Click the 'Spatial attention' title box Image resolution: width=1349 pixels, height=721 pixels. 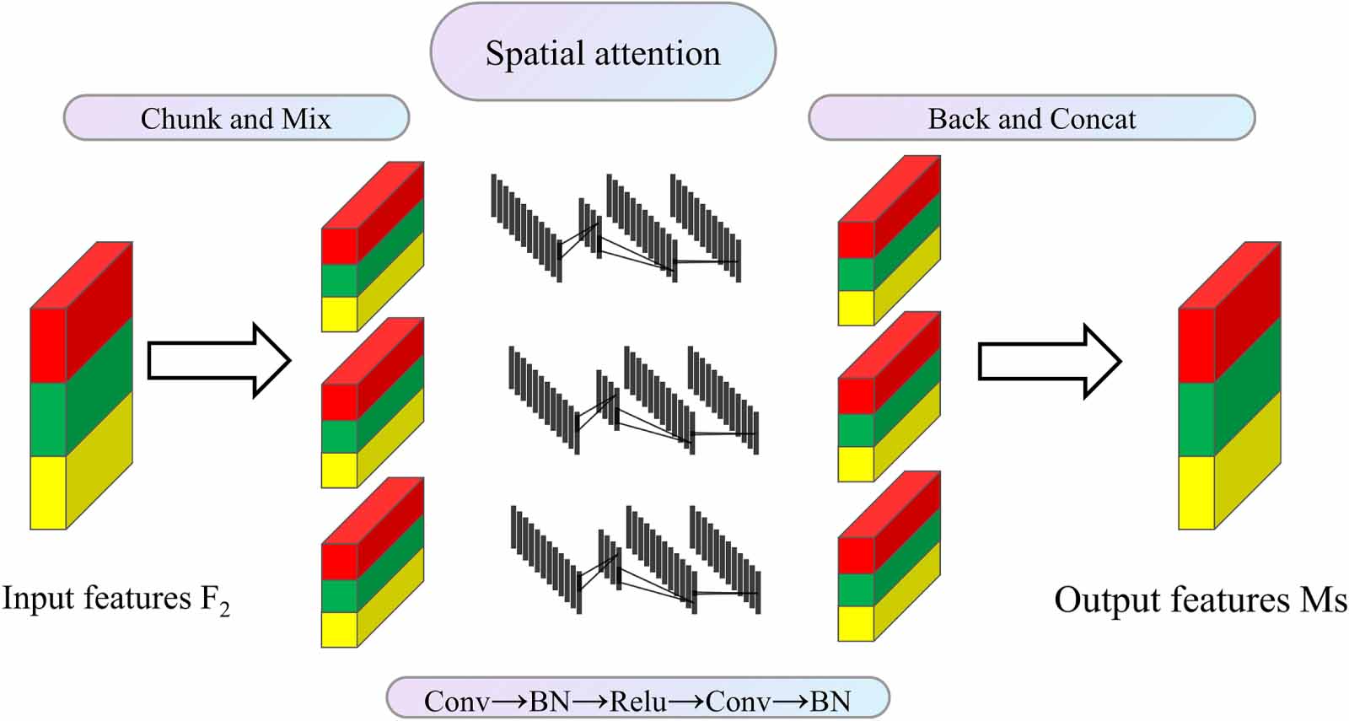602,53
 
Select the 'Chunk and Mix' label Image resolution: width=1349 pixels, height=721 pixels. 236,118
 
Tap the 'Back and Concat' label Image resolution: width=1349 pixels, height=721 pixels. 1031,118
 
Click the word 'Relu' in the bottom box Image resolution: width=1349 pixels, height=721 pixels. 638,701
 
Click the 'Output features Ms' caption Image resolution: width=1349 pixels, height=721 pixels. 1200,600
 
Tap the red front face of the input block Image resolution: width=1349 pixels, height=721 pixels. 48,346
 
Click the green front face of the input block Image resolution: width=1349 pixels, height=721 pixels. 48,419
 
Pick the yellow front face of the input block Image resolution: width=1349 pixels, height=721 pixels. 48,492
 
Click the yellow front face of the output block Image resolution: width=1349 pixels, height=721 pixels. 1196,492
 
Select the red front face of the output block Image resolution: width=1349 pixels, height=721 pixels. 1196,346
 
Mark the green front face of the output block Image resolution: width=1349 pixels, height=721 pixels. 1196,419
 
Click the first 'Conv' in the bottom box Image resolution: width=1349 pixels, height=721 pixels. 456,701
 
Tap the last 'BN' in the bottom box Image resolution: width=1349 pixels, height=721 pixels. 830,701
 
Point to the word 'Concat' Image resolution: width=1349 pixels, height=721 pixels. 1093,118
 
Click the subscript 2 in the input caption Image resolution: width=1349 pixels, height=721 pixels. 224,609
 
